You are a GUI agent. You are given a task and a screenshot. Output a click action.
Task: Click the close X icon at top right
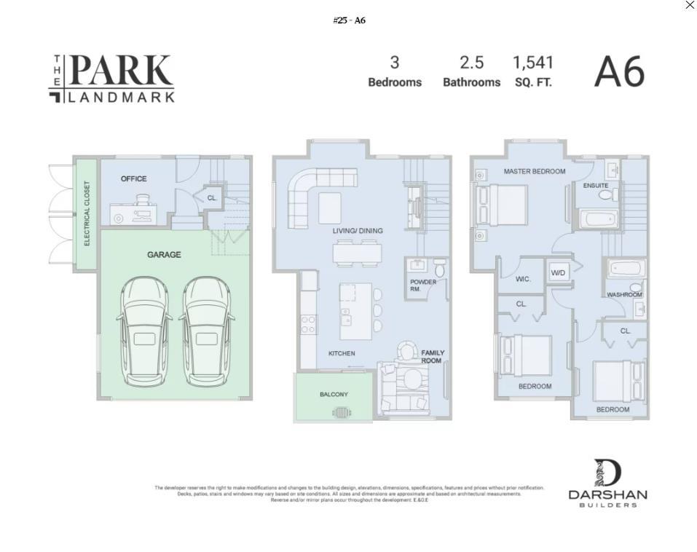689,5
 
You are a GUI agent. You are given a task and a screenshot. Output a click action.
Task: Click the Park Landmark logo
111,79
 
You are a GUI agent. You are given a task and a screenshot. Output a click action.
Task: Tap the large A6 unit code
619,73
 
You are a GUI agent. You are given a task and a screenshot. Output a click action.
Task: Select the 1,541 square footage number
533,63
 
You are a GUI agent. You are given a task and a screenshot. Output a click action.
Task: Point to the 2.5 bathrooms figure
471,63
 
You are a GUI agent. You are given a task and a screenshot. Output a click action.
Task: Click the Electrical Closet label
87,213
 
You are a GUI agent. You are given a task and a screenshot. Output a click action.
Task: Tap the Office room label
133,178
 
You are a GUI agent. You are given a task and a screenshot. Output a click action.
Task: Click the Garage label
164,255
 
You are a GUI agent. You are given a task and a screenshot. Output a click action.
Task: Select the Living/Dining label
358,231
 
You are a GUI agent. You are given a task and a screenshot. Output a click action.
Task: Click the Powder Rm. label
422,285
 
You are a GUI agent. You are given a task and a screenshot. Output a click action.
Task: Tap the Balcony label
334,395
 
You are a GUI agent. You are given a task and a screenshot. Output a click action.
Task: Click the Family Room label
432,357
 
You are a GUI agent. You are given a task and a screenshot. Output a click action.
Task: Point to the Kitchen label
342,354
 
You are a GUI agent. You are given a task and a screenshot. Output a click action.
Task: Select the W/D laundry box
558,273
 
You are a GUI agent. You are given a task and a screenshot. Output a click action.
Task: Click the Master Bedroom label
534,172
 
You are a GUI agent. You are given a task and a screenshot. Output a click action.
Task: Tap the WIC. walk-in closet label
523,279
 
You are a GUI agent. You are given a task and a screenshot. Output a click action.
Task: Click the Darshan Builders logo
607,483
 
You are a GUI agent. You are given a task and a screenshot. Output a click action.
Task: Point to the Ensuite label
595,186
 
